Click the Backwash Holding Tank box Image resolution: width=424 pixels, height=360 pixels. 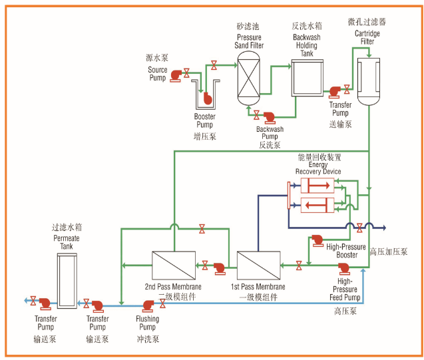[307, 82]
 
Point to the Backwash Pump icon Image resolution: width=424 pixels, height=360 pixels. [270, 117]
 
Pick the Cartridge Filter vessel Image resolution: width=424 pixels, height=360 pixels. [367, 80]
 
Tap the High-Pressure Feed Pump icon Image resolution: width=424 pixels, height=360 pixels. [344, 268]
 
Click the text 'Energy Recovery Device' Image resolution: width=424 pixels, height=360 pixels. [318, 167]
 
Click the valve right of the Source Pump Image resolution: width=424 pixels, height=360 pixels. [188, 74]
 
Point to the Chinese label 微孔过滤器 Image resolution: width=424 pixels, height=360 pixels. [367, 22]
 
